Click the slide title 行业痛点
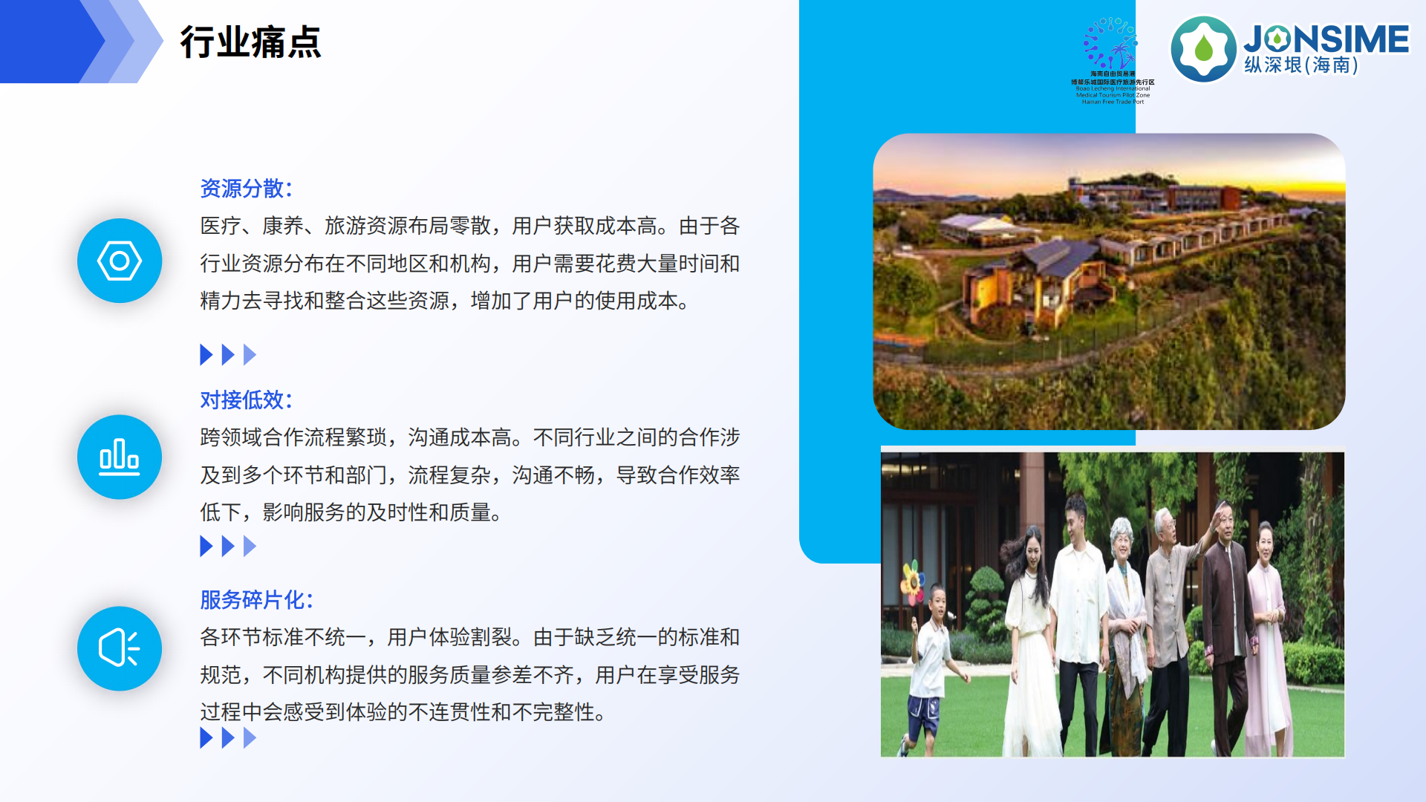(250, 42)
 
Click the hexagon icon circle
(120, 261)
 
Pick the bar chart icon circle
(120, 457)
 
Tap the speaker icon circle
(120, 648)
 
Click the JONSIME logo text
(1326, 39)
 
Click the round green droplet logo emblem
(1203, 49)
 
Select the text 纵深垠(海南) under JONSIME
(1301, 65)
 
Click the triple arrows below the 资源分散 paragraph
(228, 355)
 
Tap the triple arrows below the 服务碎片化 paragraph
(228, 738)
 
